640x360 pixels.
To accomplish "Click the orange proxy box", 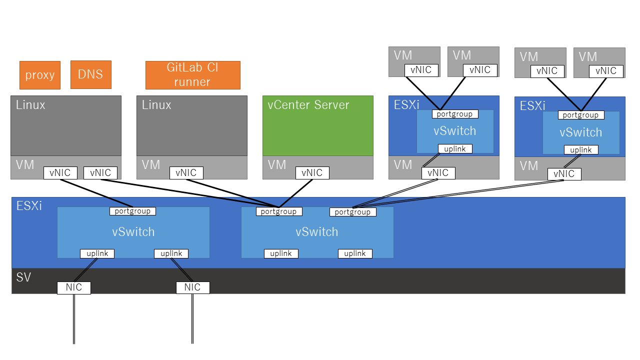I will (40, 75).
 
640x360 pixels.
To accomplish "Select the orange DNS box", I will (90, 74).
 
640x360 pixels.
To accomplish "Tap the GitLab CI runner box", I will (192, 75).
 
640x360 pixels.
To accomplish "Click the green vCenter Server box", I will (318, 125).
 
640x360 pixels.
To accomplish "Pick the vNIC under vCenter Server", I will (312, 173).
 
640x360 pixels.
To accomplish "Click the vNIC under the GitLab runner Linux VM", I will (186, 173).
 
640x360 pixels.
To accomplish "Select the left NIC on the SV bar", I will (74, 287).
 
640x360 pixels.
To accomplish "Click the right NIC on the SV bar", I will (192, 287).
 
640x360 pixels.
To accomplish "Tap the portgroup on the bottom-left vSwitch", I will (133, 211).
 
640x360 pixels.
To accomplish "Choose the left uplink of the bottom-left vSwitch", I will (97, 253).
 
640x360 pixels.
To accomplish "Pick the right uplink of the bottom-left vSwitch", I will (171, 253).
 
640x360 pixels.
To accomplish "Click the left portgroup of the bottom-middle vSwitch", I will (279, 211).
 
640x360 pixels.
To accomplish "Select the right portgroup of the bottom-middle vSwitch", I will (352, 212).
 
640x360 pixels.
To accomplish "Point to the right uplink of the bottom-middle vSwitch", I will (355, 253).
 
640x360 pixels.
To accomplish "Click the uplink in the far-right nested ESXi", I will (581, 150).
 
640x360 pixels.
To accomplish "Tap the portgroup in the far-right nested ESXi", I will (581, 115).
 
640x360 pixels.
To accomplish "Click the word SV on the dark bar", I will (23, 277).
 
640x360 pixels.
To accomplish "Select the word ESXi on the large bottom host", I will (29, 205).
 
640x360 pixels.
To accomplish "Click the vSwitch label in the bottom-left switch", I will (133, 232).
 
